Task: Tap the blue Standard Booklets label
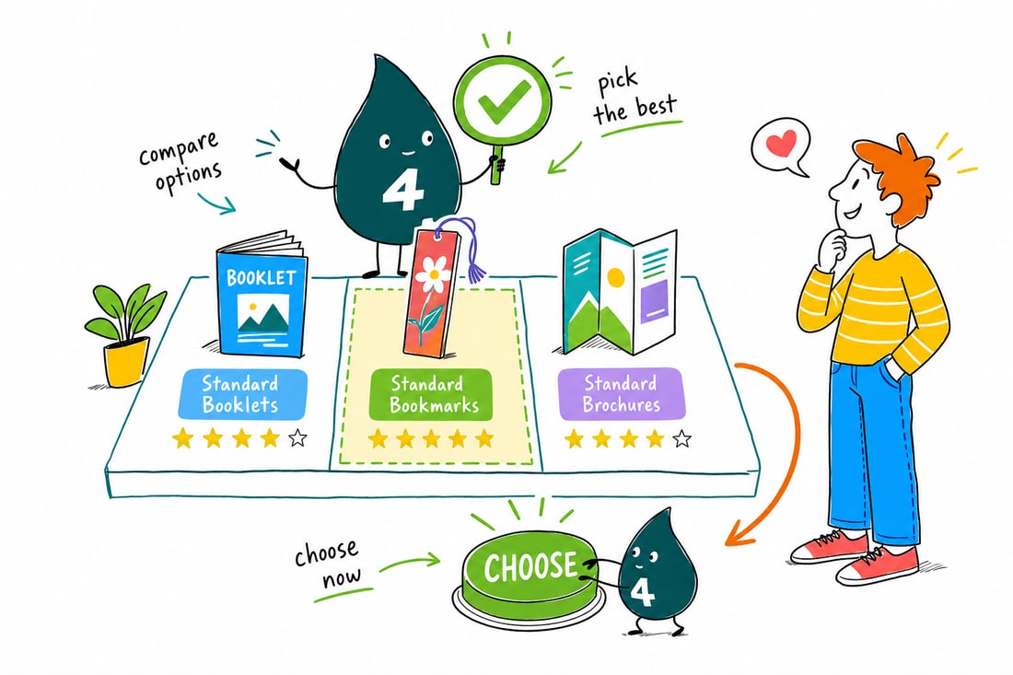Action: (242, 394)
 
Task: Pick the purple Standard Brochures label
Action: (621, 394)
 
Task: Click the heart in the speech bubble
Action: (783, 144)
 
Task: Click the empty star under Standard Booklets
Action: (297, 438)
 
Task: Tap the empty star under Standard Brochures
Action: (682, 439)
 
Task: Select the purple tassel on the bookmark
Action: (469, 249)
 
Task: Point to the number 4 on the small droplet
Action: (642, 591)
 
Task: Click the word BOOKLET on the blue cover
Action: (262, 278)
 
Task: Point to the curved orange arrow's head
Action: (737, 534)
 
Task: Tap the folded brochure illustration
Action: (620, 292)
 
